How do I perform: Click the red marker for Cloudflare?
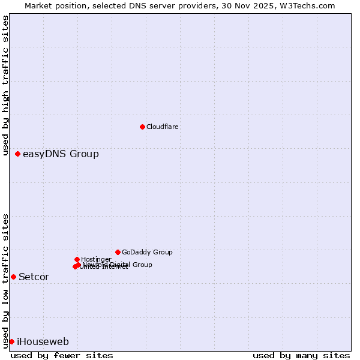pyautogui.click(x=142, y=127)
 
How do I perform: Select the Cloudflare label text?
pyautogui.click(x=162, y=127)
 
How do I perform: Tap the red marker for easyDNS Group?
pyautogui.click(x=18, y=154)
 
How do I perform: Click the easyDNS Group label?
pyautogui.click(x=61, y=154)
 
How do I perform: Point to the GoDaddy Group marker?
pyautogui.click(x=118, y=252)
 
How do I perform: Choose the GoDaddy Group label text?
pyautogui.click(x=147, y=253)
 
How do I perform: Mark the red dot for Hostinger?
pyautogui.click(x=77, y=259)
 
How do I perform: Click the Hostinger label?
pyautogui.click(x=96, y=259)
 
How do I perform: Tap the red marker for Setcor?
pyautogui.click(x=13, y=277)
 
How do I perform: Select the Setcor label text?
pyautogui.click(x=34, y=277)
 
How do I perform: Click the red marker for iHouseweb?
pyautogui.click(x=11, y=341)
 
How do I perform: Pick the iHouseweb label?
pyautogui.click(x=43, y=342)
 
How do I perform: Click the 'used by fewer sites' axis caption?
pyautogui.click(x=62, y=355)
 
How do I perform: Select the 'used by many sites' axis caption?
pyautogui.click(x=301, y=355)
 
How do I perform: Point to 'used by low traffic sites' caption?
pyautogui.click(x=6, y=280)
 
